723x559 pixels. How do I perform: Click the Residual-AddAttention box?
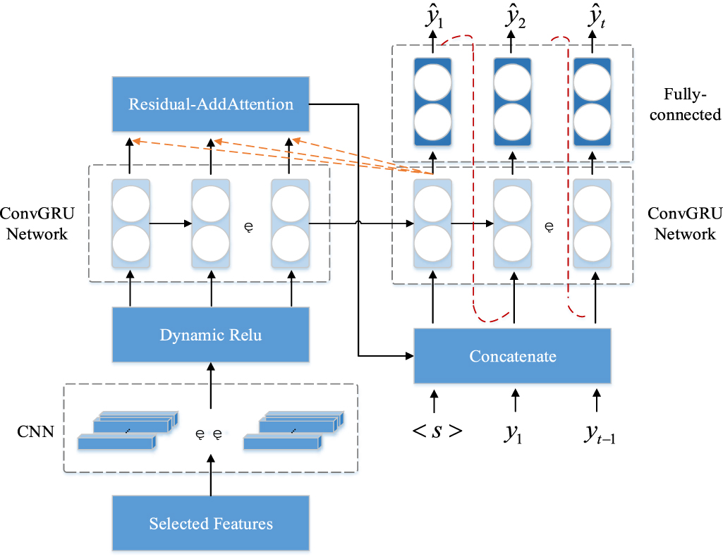(x=211, y=105)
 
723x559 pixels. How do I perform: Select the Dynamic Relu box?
(x=211, y=336)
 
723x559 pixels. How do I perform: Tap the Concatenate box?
(x=512, y=357)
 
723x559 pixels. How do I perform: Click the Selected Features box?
(x=211, y=523)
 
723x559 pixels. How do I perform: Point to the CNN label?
(x=35, y=431)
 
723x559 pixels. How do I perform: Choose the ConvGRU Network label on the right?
(x=685, y=224)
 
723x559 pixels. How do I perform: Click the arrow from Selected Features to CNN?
(x=210, y=476)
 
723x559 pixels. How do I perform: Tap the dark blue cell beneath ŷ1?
(x=432, y=102)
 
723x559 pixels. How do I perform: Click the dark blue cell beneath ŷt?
(x=593, y=102)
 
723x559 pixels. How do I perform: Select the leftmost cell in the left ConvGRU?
(x=130, y=223)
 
